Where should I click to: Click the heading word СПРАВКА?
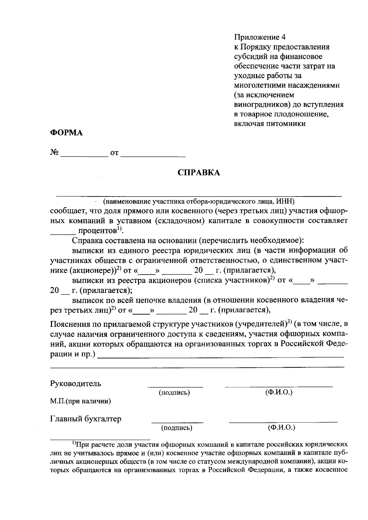coord(199,173)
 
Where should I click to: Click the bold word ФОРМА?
coord(67,133)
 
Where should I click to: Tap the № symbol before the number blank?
coord(54,152)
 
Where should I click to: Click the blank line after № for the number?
coord(84,156)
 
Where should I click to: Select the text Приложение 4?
coord(260,37)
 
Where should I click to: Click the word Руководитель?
coord(75,383)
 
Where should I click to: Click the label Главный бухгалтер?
coord(86,419)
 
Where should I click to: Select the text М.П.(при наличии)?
coord(80,401)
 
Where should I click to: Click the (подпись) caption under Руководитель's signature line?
coord(174,393)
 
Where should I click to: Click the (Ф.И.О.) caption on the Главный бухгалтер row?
coord(281,427)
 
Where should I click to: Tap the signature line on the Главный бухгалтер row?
coord(177,422)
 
